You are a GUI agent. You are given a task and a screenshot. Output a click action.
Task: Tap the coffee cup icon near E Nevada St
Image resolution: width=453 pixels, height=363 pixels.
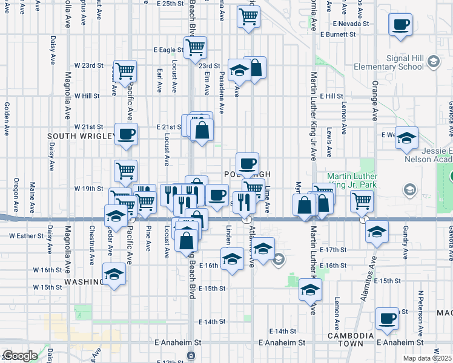401,27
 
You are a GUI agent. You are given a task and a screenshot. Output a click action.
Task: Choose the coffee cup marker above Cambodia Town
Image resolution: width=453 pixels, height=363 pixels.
387,319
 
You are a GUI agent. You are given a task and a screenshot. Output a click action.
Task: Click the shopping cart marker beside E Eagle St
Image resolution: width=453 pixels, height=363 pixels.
195,47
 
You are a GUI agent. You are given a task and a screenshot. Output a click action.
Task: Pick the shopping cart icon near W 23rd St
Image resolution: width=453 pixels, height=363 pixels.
124,72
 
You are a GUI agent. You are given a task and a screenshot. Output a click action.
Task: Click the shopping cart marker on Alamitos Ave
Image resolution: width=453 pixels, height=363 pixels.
362,200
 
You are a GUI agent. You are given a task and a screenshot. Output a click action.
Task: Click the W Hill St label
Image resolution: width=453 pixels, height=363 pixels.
87,96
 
